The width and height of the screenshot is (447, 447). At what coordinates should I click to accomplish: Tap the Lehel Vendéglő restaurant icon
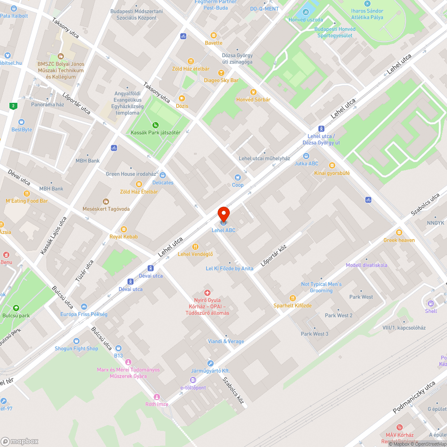(195, 246)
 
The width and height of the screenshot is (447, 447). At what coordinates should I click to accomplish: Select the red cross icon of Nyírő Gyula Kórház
(207, 292)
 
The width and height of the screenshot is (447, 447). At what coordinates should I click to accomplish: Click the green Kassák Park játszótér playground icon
(155, 125)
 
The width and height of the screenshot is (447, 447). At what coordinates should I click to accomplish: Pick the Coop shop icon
(238, 177)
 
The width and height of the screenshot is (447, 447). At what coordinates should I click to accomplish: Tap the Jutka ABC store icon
(306, 156)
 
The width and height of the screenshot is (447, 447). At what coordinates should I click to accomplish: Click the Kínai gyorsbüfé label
(332, 173)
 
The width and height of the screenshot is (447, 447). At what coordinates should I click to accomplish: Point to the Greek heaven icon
(399, 232)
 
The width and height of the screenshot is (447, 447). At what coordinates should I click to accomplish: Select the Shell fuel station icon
(431, 303)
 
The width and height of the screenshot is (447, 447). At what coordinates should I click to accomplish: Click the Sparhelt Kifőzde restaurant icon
(293, 298)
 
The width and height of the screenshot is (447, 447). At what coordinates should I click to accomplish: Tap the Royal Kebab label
(124, 236)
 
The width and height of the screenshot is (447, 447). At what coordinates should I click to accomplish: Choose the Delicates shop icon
(163, 175)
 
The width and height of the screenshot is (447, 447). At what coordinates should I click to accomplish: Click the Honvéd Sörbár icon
(253, 92)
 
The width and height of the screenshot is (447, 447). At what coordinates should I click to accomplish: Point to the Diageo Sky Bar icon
(221, 72)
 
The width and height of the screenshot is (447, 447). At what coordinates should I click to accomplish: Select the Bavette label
(214, 43)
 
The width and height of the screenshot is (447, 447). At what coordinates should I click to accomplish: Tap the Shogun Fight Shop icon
(76, 341)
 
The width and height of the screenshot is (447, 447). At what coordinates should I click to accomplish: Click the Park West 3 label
(315, 334)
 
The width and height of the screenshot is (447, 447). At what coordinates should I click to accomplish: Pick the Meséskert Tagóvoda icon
(106, 202)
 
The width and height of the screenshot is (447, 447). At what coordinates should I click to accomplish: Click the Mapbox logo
(20, 441)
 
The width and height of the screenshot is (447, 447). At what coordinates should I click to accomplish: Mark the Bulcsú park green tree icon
(16, 308)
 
